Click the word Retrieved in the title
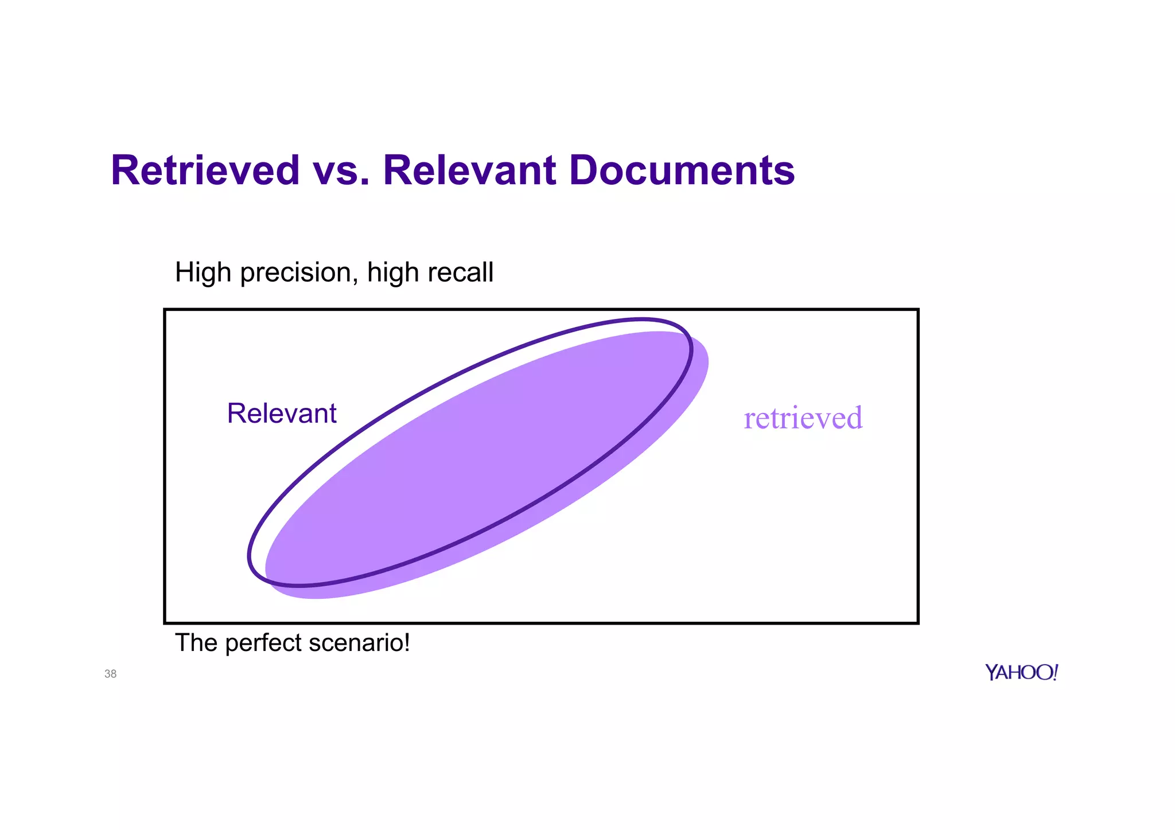coord(205,170)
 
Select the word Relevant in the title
coord(469,170)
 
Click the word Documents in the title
coord(682,170)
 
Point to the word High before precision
coord(203,272)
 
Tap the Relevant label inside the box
coord(281,413)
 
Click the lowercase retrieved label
coord(803,418)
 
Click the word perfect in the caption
coord(263,643)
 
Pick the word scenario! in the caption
coord(359,642)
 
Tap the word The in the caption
coord(197,642)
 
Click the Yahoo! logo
coord(1021,672)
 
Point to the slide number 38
coord(111,674)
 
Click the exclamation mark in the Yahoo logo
coord(1055,672)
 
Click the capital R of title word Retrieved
coord(126,170)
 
